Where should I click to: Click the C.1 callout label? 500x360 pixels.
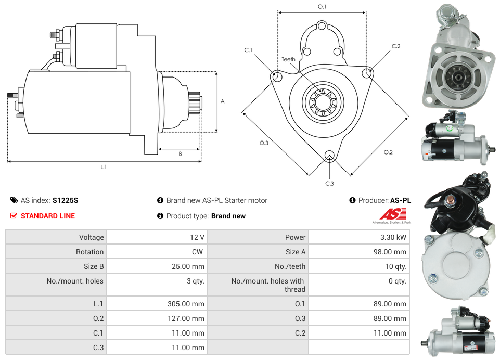click(x=248, y=50)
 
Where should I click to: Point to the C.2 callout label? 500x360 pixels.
click(x=396, y=46)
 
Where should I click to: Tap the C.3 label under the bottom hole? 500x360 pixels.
click(x=329, y=183)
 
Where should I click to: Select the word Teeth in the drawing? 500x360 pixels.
click(x=288, y=59)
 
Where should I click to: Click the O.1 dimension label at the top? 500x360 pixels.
click(x=322, y=6)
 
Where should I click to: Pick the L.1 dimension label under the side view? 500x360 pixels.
click(x=104, y=167)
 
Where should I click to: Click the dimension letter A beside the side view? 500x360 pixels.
click(x=222, y=101)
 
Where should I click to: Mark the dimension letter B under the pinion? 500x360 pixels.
click(x=180, y=153)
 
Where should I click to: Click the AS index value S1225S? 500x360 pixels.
click(x=65, y=200)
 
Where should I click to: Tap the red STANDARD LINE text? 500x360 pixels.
click(x=48, y=216)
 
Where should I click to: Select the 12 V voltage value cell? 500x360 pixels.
click(x=197, y=237)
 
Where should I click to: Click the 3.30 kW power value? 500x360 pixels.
click(x=394, y=237)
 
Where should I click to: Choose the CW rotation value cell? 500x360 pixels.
click(x=199, y=252)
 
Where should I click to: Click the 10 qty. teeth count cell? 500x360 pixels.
click(x=395, y=266)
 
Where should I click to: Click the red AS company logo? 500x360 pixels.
click(x=389, y=214)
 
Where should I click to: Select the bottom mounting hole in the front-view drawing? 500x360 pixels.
click(x=329, y=156)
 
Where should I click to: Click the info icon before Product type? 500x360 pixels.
click(x=160, y=216)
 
